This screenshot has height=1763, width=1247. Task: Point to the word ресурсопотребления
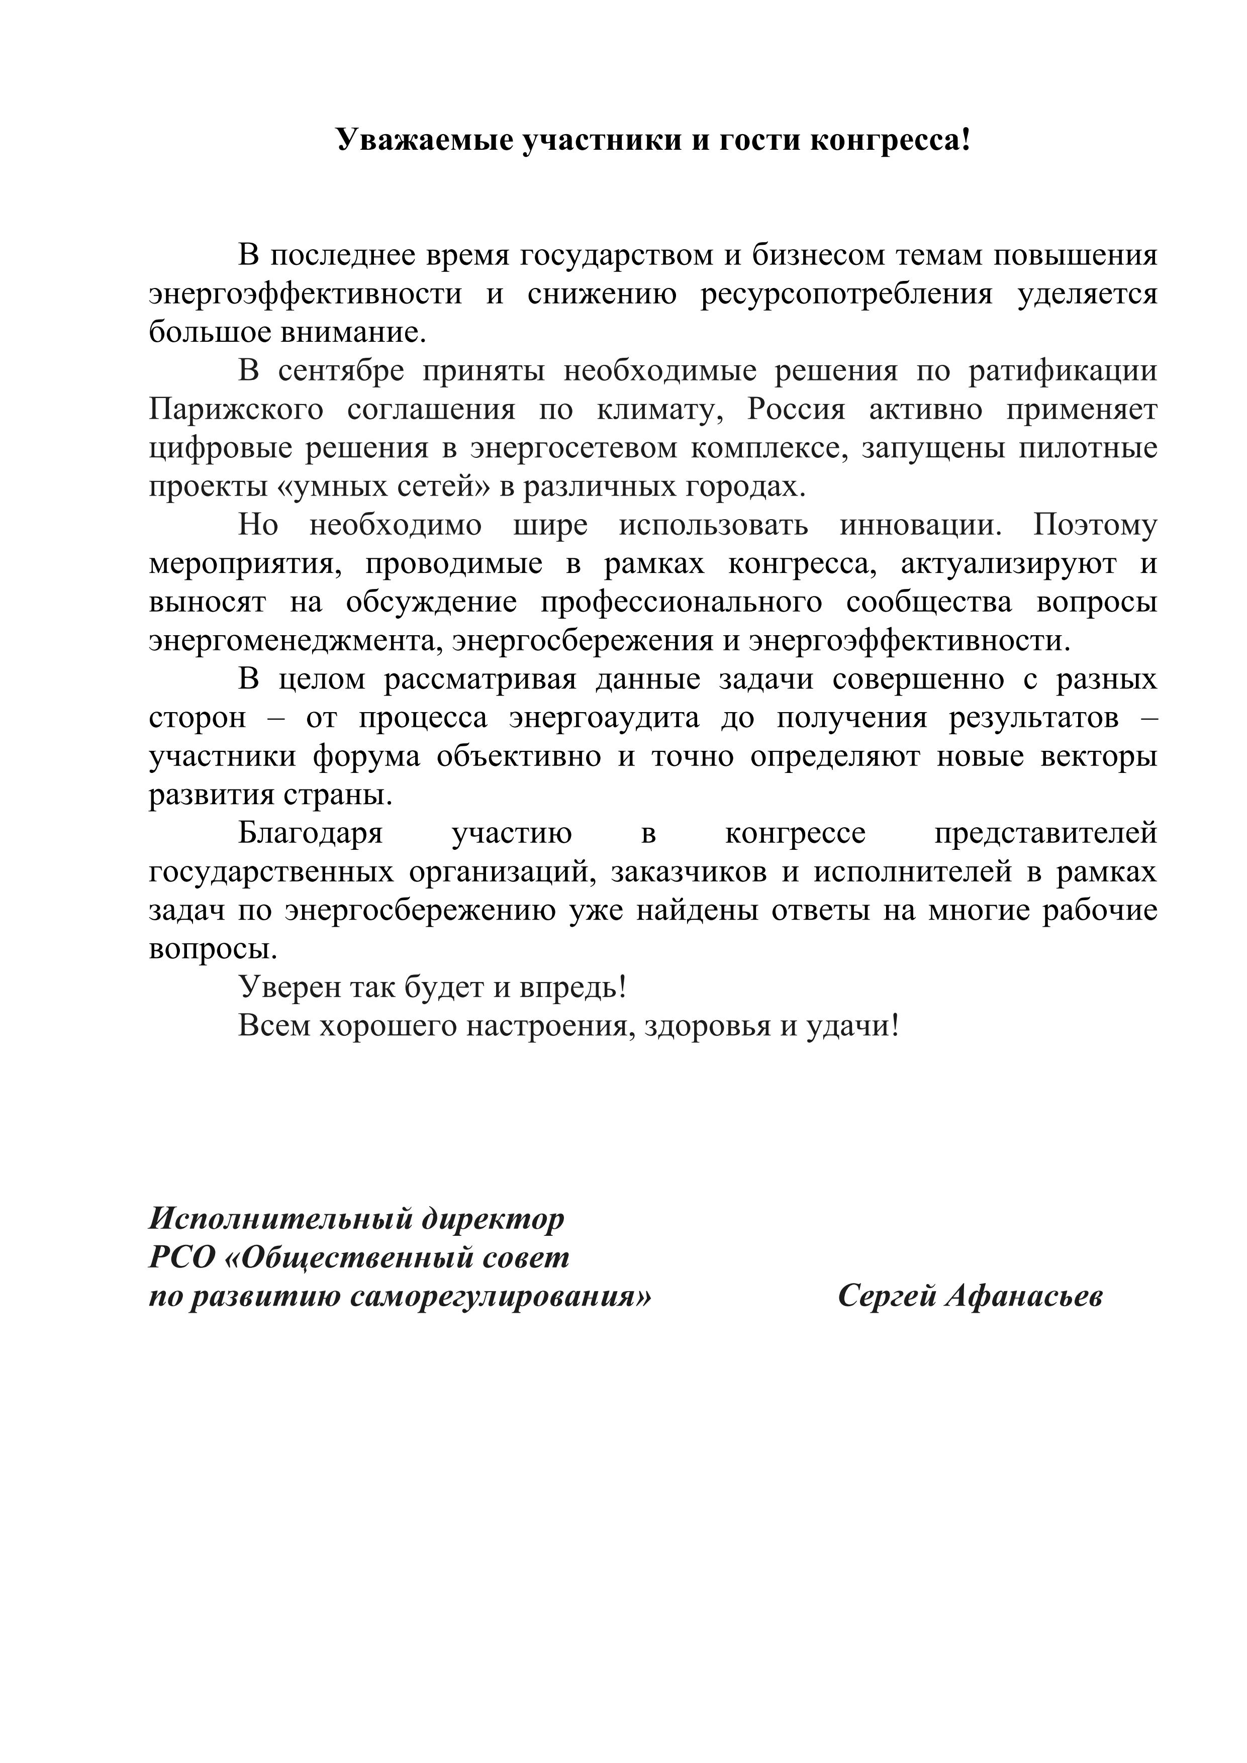[x=846, y=294]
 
